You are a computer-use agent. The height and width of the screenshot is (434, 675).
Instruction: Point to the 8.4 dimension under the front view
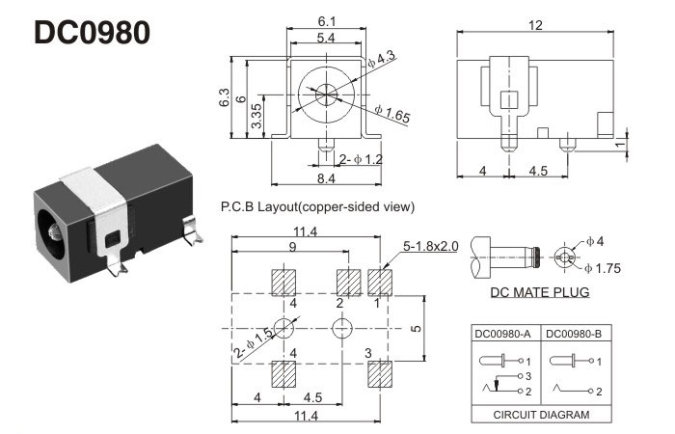coord(326,177)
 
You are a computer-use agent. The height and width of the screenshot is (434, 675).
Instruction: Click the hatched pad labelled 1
coord(382,281)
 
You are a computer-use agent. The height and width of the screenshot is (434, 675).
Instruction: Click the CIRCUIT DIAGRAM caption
coord(541,416)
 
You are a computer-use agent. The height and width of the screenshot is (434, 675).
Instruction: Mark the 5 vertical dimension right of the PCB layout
coord(417,328)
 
